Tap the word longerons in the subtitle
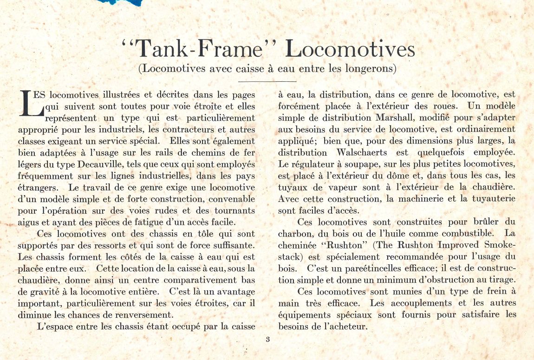point(371,69)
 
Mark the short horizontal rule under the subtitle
point(267,82)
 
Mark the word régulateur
point(314,164)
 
